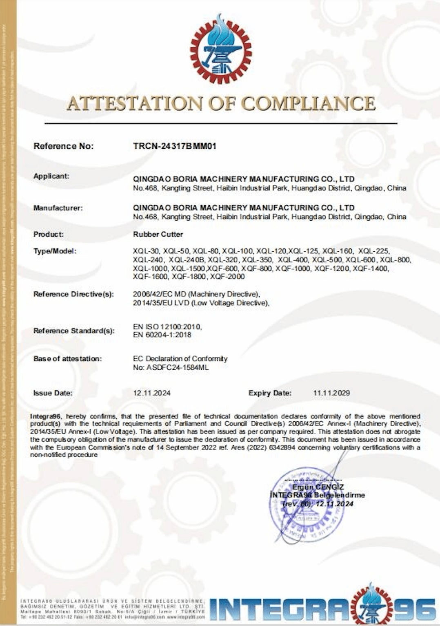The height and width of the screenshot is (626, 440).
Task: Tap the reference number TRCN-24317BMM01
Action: [x=174, y=146]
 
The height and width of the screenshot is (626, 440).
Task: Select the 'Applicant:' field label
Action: [x=51, y=176]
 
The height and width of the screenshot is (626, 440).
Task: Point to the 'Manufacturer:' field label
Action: [x=58, y=208]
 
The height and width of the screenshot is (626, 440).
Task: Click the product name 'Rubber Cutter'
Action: [x=158, y=234]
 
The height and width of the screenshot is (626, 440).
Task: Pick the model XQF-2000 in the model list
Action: [x=227, y=277]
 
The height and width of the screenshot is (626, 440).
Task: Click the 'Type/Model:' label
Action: [x=55, y=251]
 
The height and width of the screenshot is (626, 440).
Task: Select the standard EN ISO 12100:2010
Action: [x=167, y=326]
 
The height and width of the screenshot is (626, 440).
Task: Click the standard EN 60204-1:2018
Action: [x=162, y=335]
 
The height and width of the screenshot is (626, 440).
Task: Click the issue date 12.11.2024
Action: [x=151, y=393]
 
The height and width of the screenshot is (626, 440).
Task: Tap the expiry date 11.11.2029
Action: [x=331, y=393]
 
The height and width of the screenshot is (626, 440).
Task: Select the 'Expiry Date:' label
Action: [x=270, y=393]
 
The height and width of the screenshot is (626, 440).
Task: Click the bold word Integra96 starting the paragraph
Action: [x=45, y=416]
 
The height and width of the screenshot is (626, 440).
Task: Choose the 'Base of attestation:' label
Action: [x=68, y=359]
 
